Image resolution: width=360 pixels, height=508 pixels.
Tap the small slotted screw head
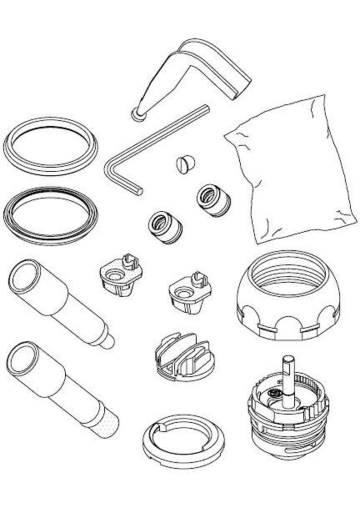pos(185,163)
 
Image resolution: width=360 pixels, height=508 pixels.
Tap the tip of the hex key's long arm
pos(206,108)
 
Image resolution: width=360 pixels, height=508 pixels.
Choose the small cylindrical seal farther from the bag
pos(165,228)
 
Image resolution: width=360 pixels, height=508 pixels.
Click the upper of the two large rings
pos(51,146)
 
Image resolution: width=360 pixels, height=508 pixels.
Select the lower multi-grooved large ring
pos(51,216)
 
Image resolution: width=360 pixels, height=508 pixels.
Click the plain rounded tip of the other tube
pos(107,341)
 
